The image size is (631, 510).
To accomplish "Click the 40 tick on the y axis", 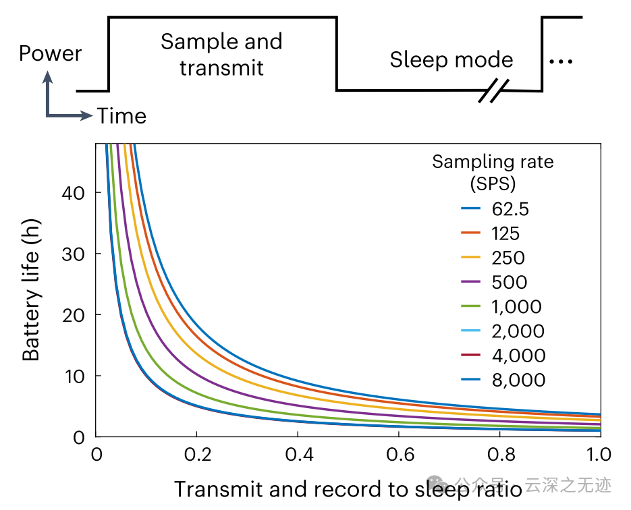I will click(x=78, y=193).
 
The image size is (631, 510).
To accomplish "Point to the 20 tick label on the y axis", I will click(x=78, y=315).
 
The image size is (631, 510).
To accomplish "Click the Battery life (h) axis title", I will click(x=32, y=290).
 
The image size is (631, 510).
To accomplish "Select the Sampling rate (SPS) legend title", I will click(x=493, y=171).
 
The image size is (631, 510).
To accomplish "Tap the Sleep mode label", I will click(x=451, y=60).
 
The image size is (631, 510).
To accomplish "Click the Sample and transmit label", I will click(x=221, y=55).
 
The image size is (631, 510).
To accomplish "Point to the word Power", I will click(x=51, y=53).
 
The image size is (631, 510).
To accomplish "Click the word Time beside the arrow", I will click(x=121, y=116).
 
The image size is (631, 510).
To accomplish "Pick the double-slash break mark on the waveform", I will click(x=493, y=91).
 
